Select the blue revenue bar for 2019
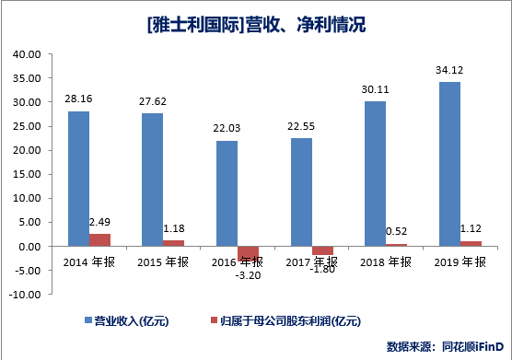pyautogui.click(x=449, y=164)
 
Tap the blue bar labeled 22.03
pyautogui.click(x=227, y=193)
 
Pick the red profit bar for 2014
pyautogui.click(x=100, y=240)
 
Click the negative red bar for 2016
pyautogui.click(x=249, y=254)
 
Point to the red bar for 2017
pyautogui.click(x=322, y=250)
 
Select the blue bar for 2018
pyautogui.click(x=375, y=174)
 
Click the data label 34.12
pyautogui.click(x=449, y=71)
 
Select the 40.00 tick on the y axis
pyautogui.click(x=27, y=54)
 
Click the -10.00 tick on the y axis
pyautogui.click(x=25, y=295)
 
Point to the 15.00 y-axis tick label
pyautogui.click(x=27, y=175)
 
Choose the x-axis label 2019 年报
pyautogui.click(x=460, y=261)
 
